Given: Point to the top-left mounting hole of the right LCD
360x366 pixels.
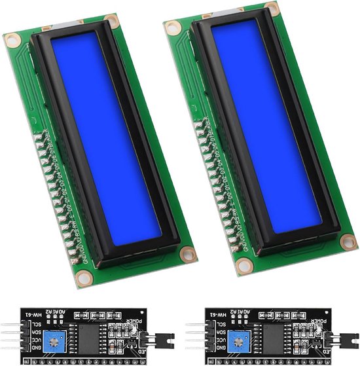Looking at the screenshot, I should [x=173, y=27].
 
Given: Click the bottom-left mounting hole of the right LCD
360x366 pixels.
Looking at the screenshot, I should [x=245, y=265].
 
